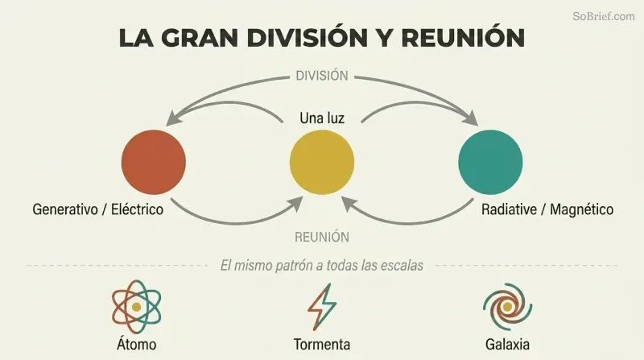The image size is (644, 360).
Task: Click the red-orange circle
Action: tap(154, 163)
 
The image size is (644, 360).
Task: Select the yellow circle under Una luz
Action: tap(322, 163)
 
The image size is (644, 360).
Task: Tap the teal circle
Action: tap(490, 163)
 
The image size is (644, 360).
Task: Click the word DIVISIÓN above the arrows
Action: tap(322, 76)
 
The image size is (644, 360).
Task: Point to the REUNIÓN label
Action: tap(322, 237)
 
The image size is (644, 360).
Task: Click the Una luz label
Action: tap(322, 118)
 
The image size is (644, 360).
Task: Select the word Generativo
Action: tap(65, 209)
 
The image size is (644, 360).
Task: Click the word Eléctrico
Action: tap(137, 209)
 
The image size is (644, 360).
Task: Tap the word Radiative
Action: tap(509, 209)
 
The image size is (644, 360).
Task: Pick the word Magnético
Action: tap(581, 209)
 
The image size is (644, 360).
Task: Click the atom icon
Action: tap(136, 307)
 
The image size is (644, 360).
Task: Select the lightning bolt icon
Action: tap(322, 307)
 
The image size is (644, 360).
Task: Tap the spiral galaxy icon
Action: tap(507, 307)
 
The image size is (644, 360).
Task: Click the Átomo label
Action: tap(136, 344)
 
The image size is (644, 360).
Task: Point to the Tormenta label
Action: tap(322, 345)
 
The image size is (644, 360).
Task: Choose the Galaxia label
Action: tap(507, 345)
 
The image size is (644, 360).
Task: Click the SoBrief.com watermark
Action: tap(603, 16)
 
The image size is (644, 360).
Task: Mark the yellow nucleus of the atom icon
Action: tap(136, 307)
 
